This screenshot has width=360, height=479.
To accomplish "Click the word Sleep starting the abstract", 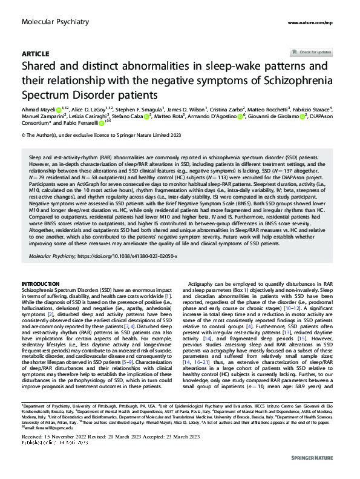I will point(36,156).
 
